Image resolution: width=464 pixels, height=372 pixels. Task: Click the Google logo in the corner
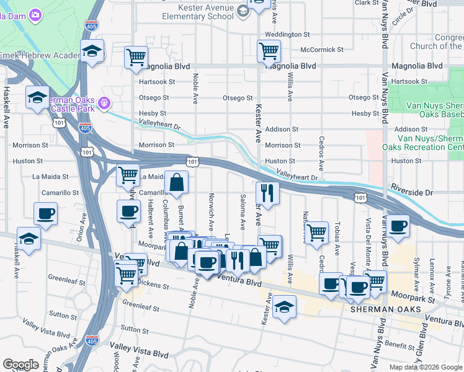pyautogui.click(x=21, y=365)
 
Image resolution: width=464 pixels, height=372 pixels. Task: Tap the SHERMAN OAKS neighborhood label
pyautogui.click(x=386, y=309)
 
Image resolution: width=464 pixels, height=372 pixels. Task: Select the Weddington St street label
pyautogui.click(x=287, y=34)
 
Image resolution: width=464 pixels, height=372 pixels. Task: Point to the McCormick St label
pyautogui.click(x=321, y=50)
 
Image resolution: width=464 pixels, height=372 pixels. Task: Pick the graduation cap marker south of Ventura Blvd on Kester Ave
pyautogui.click(x=284, y=306)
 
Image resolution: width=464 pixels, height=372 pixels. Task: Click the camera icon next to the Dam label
pyautogui.click(x=35, y=14)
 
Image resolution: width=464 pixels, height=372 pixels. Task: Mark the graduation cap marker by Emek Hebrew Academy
pyautogui.click(x=92, y=51)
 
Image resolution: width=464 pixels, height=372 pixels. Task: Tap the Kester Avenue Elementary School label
pyautogui.click(x=197, y=12)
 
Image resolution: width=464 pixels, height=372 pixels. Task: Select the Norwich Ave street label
pyautogui.click(x=212, y=215)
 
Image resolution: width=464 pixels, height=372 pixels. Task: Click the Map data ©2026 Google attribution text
pyautogui.click(x=426, y=366)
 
